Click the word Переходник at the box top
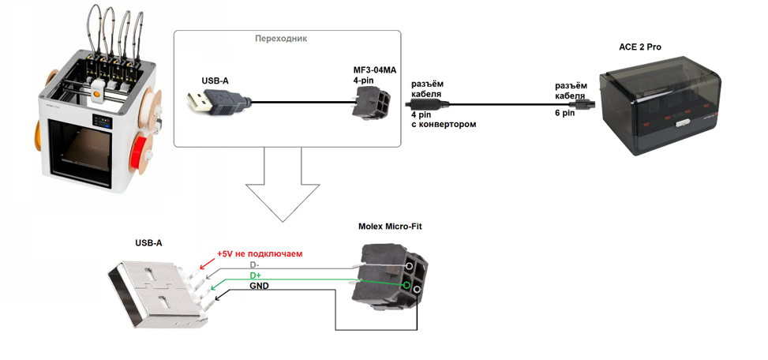pos(281,39)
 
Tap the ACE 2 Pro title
pos(641,47)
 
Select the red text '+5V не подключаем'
pos(260,253)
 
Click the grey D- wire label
pos(255,265)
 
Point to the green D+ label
pos(256,276)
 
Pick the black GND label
pos(259,286)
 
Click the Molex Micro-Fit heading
pos(390,227)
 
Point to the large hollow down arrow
pos(283,184)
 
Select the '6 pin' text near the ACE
pos(564,113)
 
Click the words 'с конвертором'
pos(444,125)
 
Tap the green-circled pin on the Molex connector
pos(406,285)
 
